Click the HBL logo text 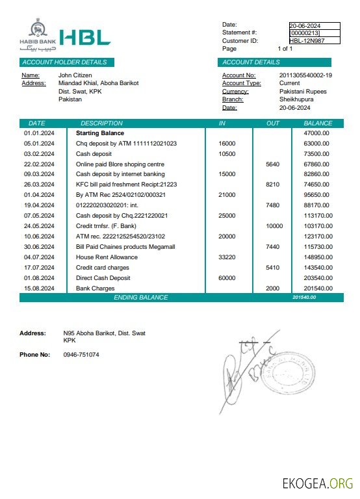click(84, 38)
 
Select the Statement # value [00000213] click(305, 32)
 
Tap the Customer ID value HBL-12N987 click(307, 40)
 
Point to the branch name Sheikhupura click(296, 99)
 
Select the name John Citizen click(75, 75)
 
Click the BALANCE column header click(318, 123)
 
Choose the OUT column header click(273, 123)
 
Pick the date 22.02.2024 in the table click(39, 164)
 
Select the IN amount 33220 click(227, 257)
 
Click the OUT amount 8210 click(273, 185)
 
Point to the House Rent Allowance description click(107, 257)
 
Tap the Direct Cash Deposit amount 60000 click(227, 278)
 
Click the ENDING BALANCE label click(140, 298)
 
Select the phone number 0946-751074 click(81, 355)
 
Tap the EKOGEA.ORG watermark click(318, 483)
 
